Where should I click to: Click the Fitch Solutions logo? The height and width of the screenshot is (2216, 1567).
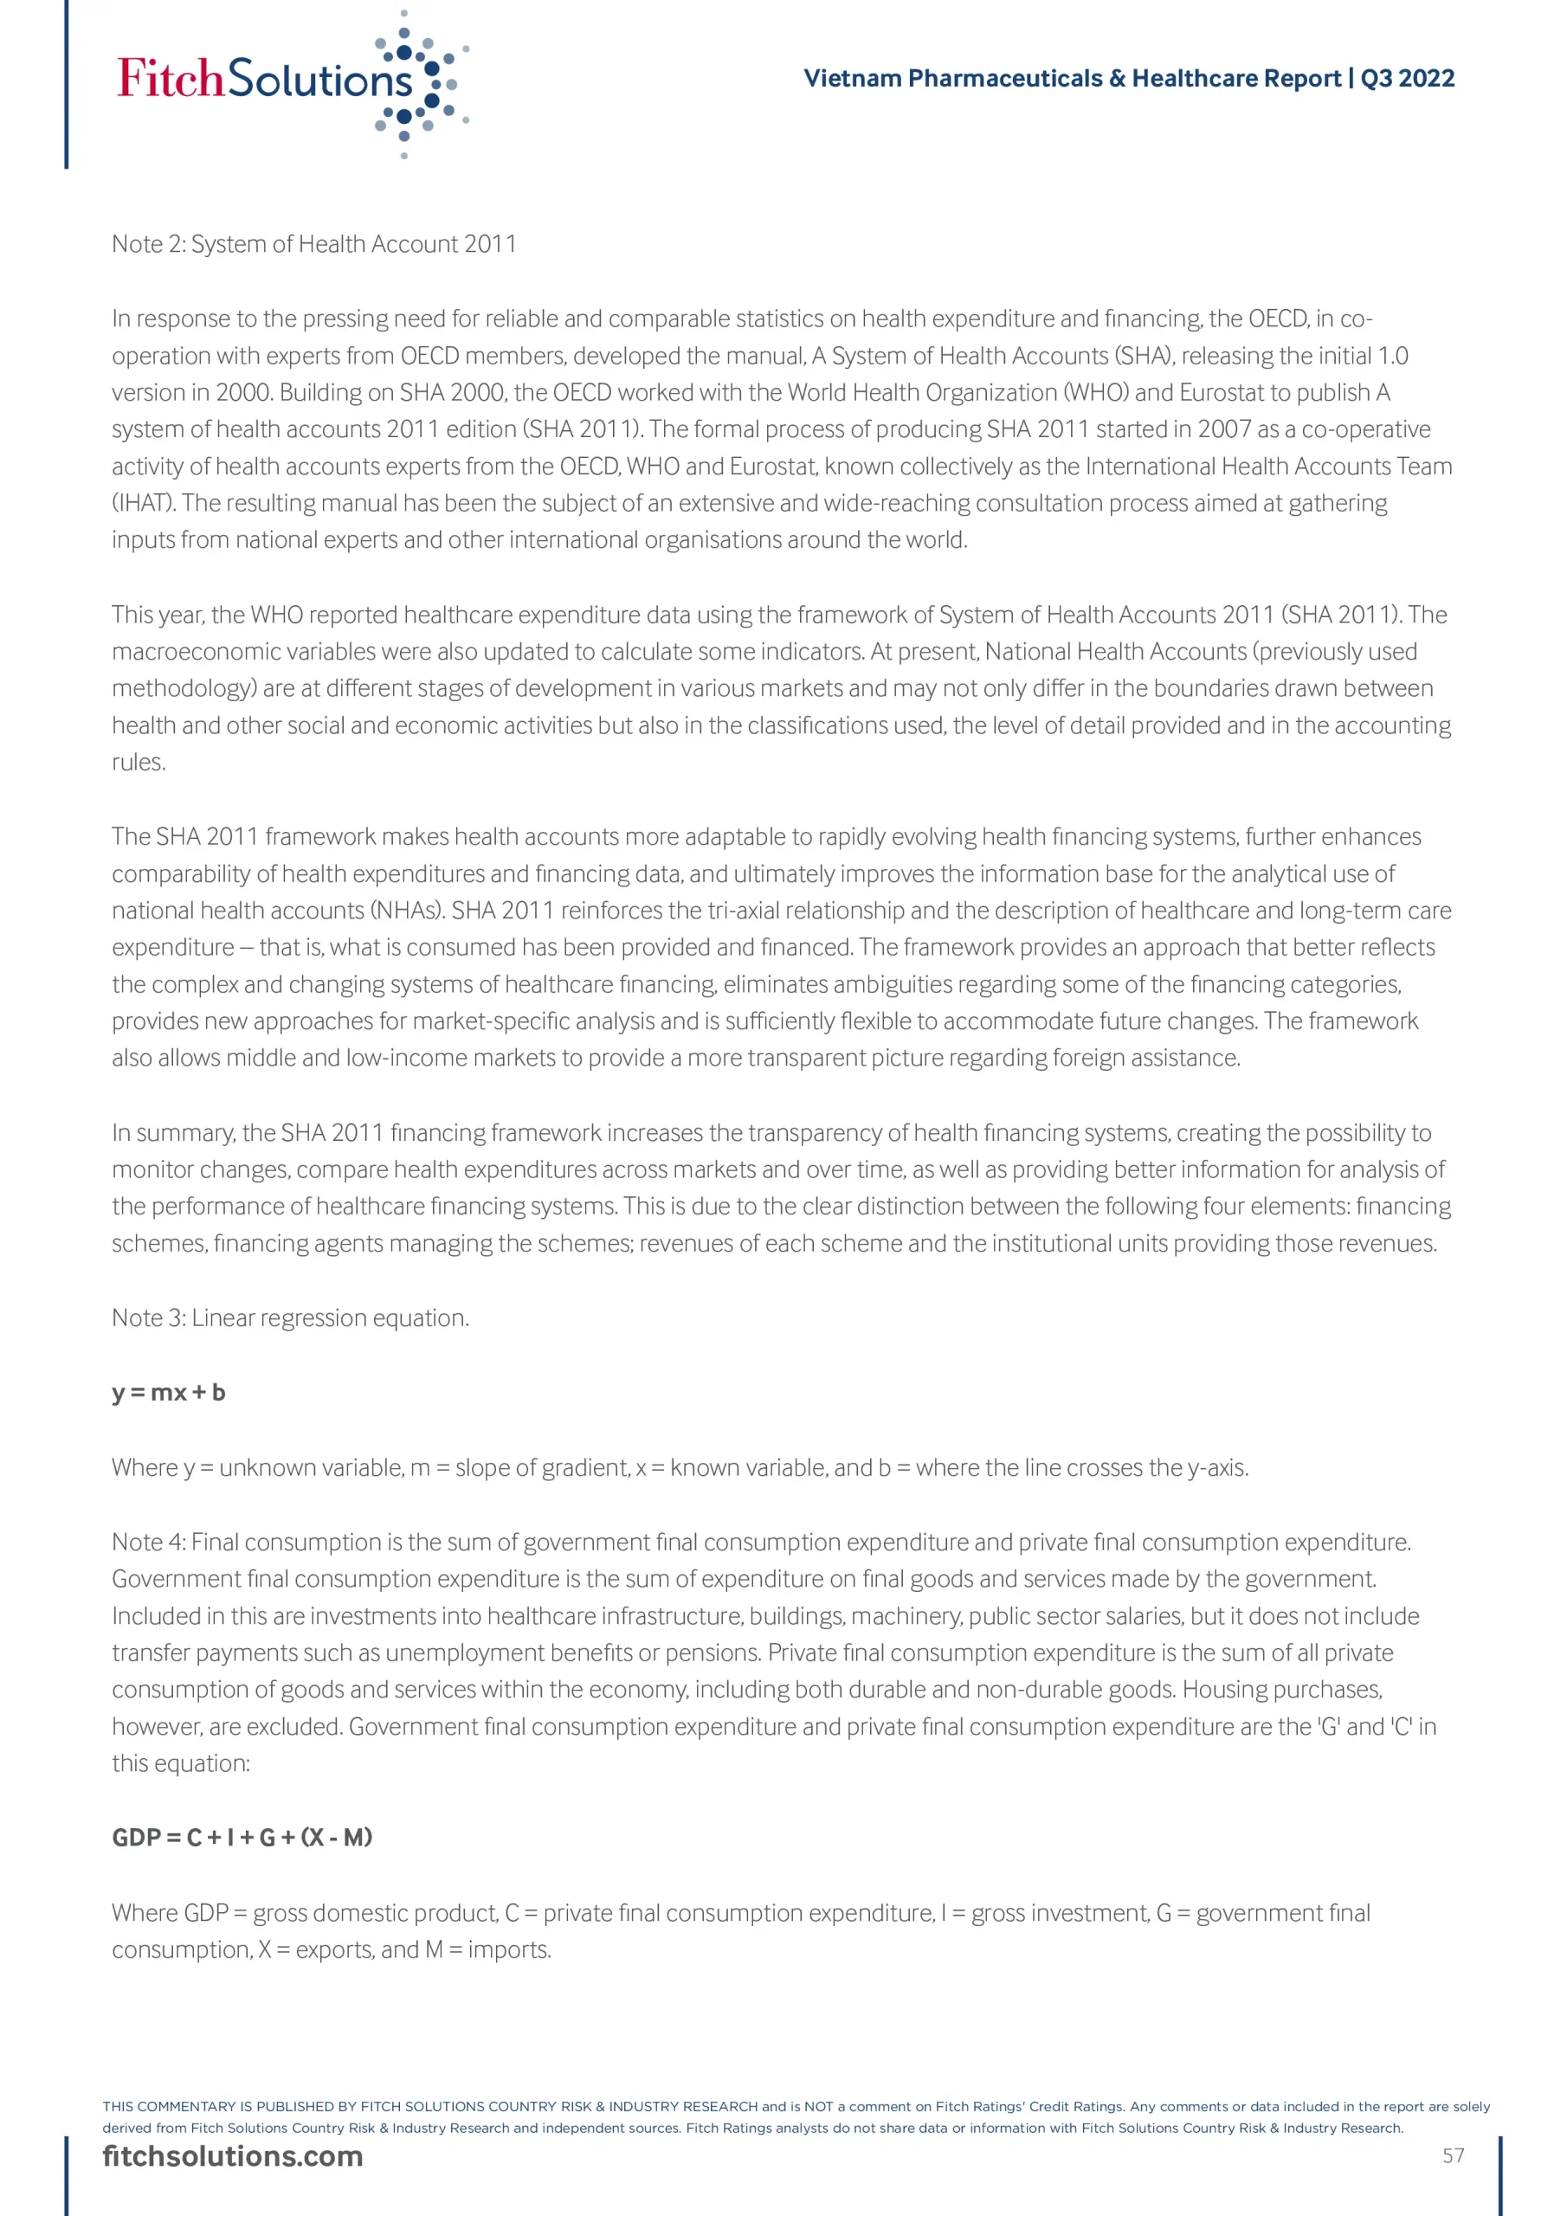pyautogui.click(x=290, y=82)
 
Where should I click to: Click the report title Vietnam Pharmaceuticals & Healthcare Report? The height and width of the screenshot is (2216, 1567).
pyautogui.click(x=1072, y=78)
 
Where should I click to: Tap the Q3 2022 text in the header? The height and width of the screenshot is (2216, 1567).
pyautogui.click(x=1408, y=78)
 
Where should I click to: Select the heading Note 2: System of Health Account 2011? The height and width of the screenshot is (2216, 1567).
pyautogui.click(x=313, y=244)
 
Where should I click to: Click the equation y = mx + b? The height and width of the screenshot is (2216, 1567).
pyautogui.click(x=169, y=1393)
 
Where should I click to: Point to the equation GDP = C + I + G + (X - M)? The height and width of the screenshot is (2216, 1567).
pyautogui.click(x=242, y=1838)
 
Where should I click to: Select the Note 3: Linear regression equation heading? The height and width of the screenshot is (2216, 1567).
pyautogui.click(x=291, y=1318)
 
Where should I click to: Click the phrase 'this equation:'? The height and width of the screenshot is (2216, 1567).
pyautogui.click(x=181, y=1764)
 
